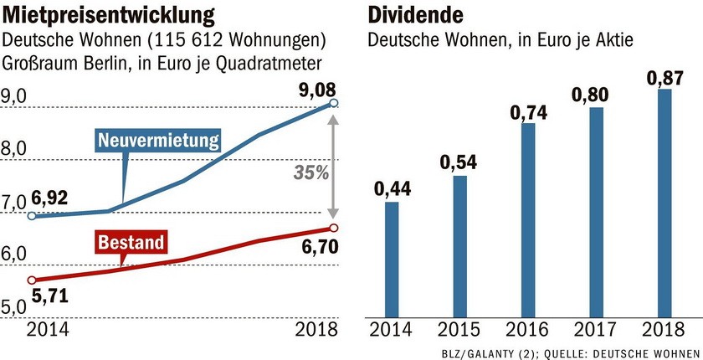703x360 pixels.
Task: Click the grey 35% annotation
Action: click(x=310, y=173)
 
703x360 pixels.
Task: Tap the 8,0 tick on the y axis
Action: click(x=16, y=151)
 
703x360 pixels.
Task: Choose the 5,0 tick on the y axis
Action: click(x=16, y=307)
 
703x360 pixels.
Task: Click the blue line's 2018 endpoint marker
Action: click(x=334, y=103)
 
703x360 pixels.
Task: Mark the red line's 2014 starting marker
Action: click(x=32, y=280)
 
